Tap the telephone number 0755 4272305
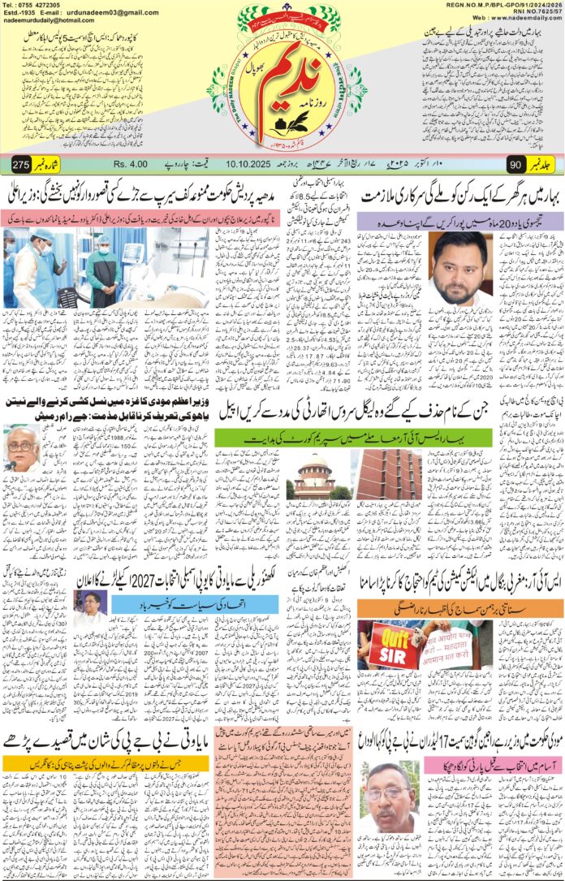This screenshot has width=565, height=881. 39,5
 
